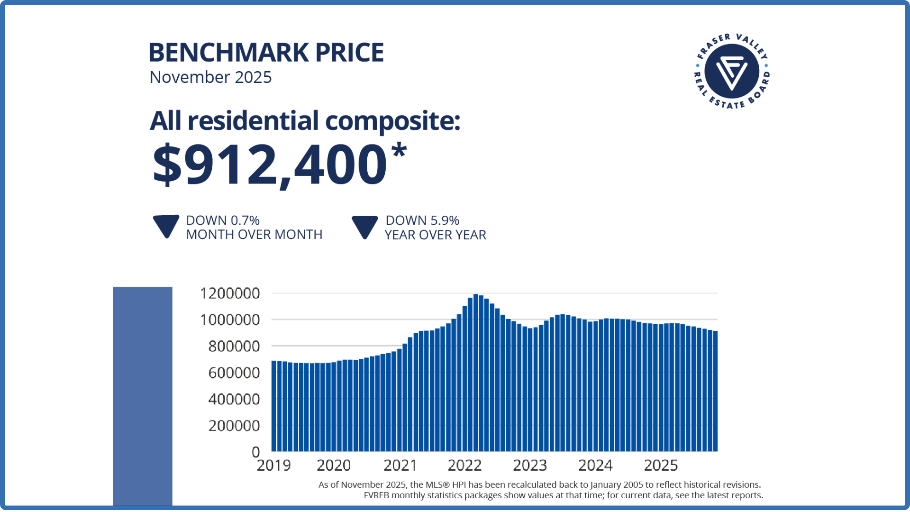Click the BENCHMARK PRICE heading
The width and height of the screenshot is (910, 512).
(266, 52)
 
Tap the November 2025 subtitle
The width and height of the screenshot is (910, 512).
(210, 77)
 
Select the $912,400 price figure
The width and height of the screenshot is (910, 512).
(270, 165)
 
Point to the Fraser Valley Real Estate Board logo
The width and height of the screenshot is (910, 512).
(732, 71)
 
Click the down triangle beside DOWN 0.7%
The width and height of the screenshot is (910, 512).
(166, 226)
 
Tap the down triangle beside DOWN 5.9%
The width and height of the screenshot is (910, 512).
(364, 227)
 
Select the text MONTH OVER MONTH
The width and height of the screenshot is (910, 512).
(254, 235)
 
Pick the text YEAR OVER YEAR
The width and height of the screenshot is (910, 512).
(435, 235)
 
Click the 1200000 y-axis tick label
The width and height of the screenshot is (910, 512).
(230, 293)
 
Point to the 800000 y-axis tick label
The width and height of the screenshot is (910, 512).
(234, 347)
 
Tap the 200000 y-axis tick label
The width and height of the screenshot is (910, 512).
(234, 426)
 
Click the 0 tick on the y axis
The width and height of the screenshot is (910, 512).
(256, 452)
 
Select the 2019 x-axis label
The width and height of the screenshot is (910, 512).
(273, 466)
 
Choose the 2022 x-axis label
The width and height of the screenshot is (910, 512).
(464, 466)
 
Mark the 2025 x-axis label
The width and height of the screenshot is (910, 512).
(661, 466)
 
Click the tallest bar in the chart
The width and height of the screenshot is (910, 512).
(476, 373)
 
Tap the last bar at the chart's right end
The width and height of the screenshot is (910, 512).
(715, 391)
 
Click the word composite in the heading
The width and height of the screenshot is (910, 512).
(392, 121)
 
